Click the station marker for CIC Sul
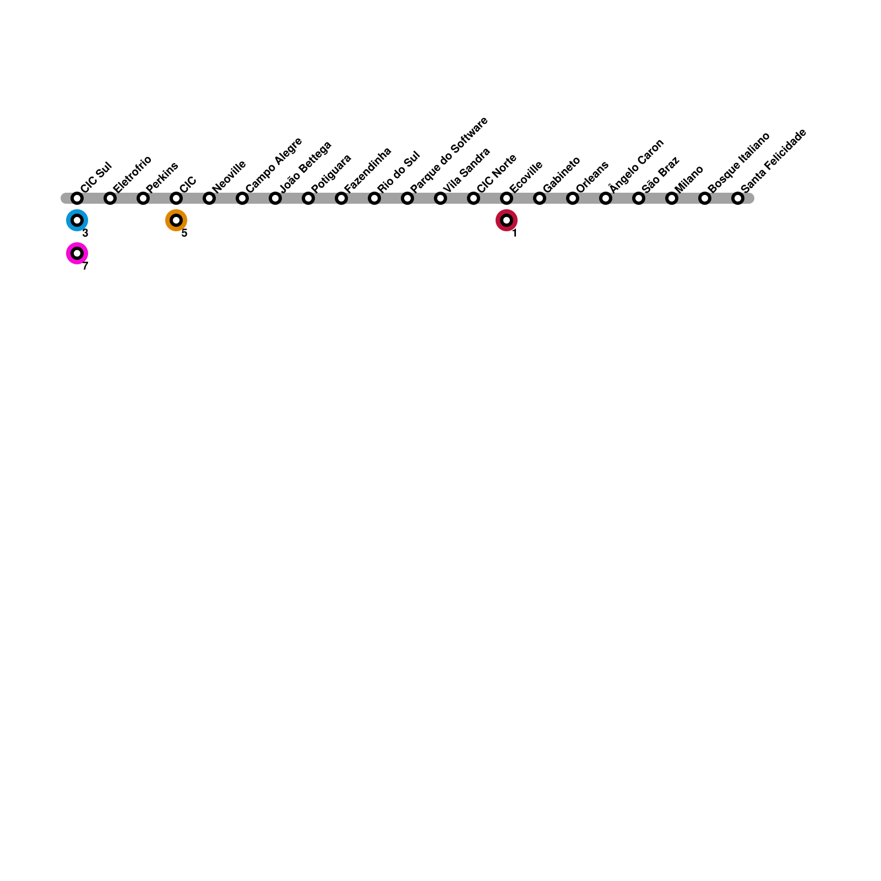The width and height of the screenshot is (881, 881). coord(77,198)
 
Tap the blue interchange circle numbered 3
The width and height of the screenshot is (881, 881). coord(77,220)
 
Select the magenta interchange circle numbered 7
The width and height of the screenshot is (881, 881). coord(77,253)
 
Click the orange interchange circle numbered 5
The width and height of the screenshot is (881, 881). coord(176,220)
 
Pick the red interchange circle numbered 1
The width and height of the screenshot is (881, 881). coord(507,220)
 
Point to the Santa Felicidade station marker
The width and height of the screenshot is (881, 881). coord(738,198)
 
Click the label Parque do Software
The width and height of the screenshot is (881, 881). coord(449,155)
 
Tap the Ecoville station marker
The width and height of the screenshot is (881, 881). coord(507,198)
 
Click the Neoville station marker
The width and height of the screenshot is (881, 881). coord(209,198)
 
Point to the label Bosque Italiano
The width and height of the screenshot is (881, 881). coord(738,162)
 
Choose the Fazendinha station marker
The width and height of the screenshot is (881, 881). coord(341,198)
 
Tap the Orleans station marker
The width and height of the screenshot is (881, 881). coord(573,198)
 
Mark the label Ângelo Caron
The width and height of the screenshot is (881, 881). coord(637,166)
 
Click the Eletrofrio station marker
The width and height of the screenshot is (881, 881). coord(110,198)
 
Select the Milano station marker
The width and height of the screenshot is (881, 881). coord(672,198)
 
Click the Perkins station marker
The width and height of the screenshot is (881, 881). coord(143,198)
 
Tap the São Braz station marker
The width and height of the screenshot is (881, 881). coord(639,198)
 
